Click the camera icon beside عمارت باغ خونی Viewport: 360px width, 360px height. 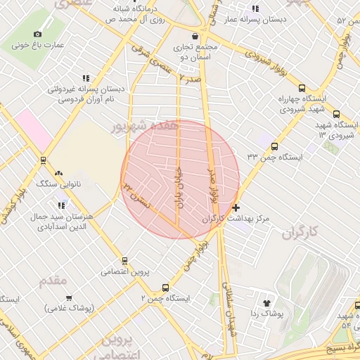[37, 33]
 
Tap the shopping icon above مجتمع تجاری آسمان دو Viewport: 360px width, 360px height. [194, 36]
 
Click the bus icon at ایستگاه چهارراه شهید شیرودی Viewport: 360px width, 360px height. [302, 88]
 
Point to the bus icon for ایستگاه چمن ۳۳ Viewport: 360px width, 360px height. [274, 147]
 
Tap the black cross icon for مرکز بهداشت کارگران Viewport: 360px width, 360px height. [236, 207]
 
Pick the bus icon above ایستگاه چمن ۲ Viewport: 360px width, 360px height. [166, 287]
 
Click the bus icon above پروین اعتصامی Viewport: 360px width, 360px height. [124, 260]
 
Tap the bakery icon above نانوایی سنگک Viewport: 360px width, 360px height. [58, 172]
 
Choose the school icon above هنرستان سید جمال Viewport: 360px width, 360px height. [62, 205]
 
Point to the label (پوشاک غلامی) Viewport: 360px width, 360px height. [71, 308]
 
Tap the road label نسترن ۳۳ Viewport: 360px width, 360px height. [136, 196]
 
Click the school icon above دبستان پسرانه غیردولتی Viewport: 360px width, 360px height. [86, 78]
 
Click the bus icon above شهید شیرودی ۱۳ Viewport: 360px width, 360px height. [336, 114]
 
